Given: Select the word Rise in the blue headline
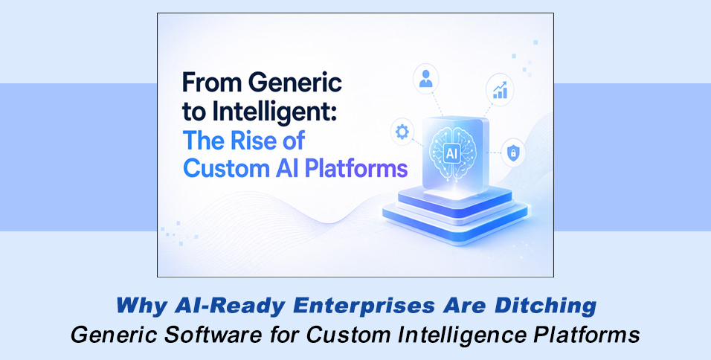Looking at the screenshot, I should click(271, 140).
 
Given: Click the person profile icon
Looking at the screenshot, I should click(426, 79).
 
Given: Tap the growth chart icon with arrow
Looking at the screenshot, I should click(499, 89).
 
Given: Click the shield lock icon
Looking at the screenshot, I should click(513, 152).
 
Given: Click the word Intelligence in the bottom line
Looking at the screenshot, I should click(457, 335).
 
